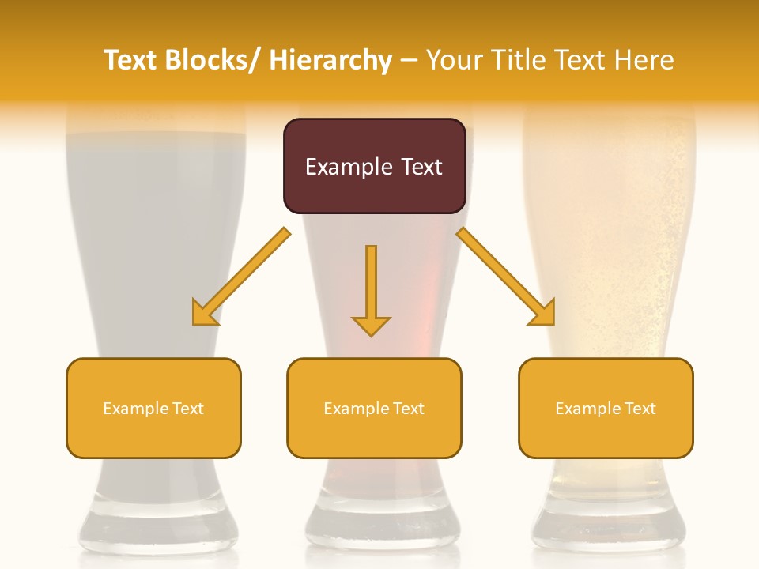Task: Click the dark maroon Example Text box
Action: click(374, 166)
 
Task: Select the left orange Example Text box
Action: click(153, 408)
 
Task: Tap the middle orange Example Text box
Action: click(374, 408)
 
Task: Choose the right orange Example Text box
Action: click(606, 408)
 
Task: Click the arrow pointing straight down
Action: click(371, 288)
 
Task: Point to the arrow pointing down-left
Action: click(242, 277)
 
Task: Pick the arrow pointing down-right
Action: click(506, 277)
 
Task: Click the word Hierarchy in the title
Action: click(330, 60)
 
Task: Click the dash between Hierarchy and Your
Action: click(410, 62)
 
